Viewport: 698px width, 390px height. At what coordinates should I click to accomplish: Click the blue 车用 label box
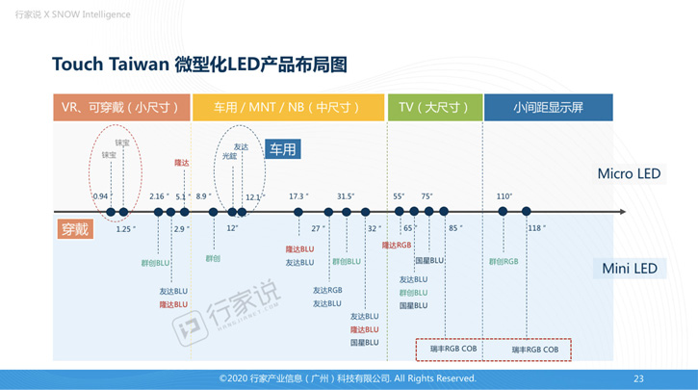point(283,149)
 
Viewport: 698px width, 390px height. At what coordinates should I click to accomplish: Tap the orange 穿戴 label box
point(74,229)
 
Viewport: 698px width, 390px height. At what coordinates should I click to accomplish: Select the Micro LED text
point(629,174)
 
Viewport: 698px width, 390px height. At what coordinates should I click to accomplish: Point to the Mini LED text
point(630,269)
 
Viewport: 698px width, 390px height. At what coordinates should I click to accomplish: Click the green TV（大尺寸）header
point(431,107)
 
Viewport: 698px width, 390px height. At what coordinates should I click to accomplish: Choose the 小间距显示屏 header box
point(548,107)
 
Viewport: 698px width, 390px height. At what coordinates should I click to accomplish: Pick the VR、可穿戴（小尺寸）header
point(121,107)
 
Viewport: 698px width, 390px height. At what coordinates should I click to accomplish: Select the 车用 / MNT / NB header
point(288,107)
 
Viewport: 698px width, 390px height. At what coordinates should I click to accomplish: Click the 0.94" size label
point(101,196)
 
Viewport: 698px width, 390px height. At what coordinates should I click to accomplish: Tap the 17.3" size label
point(298,196)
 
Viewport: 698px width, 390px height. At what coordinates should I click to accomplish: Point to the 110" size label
point(504,196)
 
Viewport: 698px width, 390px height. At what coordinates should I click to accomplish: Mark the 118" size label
point(536,228)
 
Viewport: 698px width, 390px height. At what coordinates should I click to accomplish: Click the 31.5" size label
point(346,196)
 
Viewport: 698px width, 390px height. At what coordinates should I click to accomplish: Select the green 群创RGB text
point(504,261)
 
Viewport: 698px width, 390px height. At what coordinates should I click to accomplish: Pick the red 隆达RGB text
point(397,246)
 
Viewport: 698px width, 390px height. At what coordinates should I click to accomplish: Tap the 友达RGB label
point(327,290)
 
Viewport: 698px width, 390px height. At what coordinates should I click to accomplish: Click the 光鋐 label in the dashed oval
point(229,155)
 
